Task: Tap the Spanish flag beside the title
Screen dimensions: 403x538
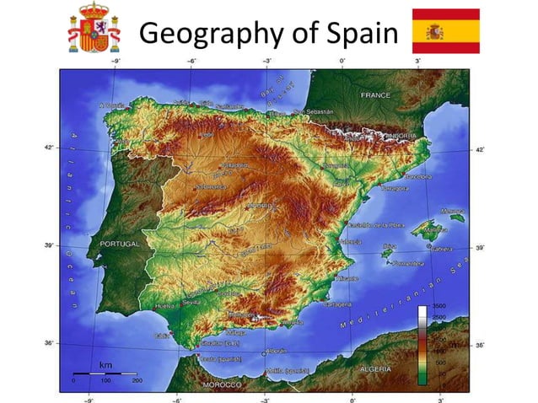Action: click(445, 31)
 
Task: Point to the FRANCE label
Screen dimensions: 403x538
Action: click(375, 95)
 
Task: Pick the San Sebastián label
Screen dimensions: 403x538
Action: click(314, 111)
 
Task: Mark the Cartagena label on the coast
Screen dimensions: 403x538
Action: click(337, 304)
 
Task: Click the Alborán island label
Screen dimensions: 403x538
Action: click(276, 351)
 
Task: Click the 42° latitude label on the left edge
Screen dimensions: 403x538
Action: click(48, 148)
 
